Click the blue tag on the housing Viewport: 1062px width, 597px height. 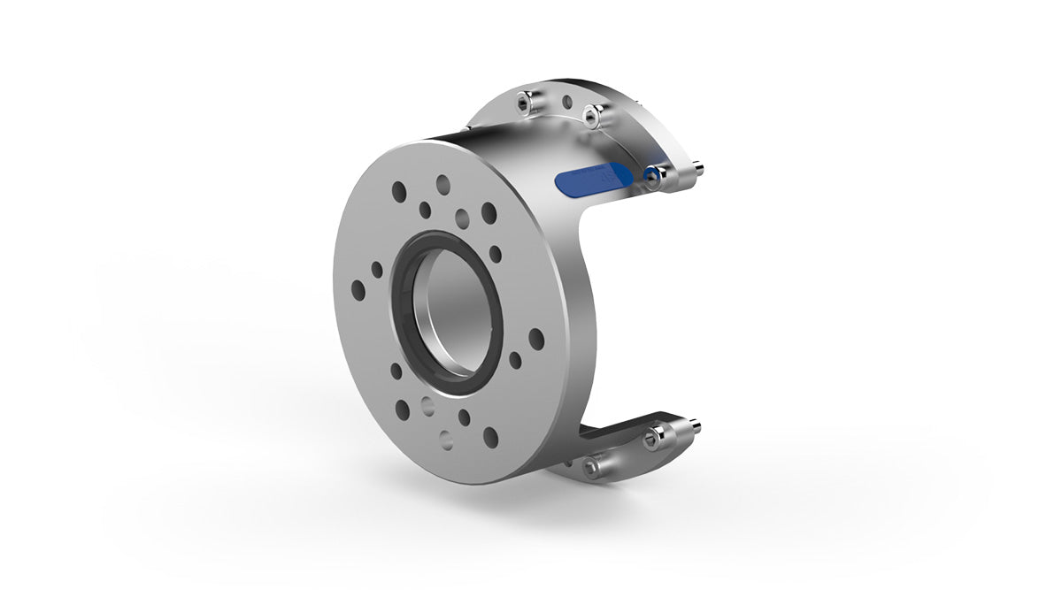pyautogui.click(x=589, y=180)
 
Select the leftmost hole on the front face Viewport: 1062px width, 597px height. pyautogui.click(x=358, y=288)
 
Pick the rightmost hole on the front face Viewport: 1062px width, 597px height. pyautogui.click(x=535, y=338)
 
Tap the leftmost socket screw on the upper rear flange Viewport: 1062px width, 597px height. pyautogui.click(x=524, y=104)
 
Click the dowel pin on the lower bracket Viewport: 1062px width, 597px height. pyautogui.click(x=694, y=426)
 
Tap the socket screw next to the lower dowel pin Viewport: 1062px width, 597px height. pyautogui.click(x=656, y=434)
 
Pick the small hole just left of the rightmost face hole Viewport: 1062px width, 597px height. pyautogui.click(x=515, y=360)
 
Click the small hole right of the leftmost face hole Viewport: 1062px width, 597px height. pyautogui.click(x=377, y=269)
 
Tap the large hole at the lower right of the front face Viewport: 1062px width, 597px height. pyautogui.click(x=490, y=436)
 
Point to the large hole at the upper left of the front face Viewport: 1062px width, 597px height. pyautogui.click(x=400, y=191)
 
